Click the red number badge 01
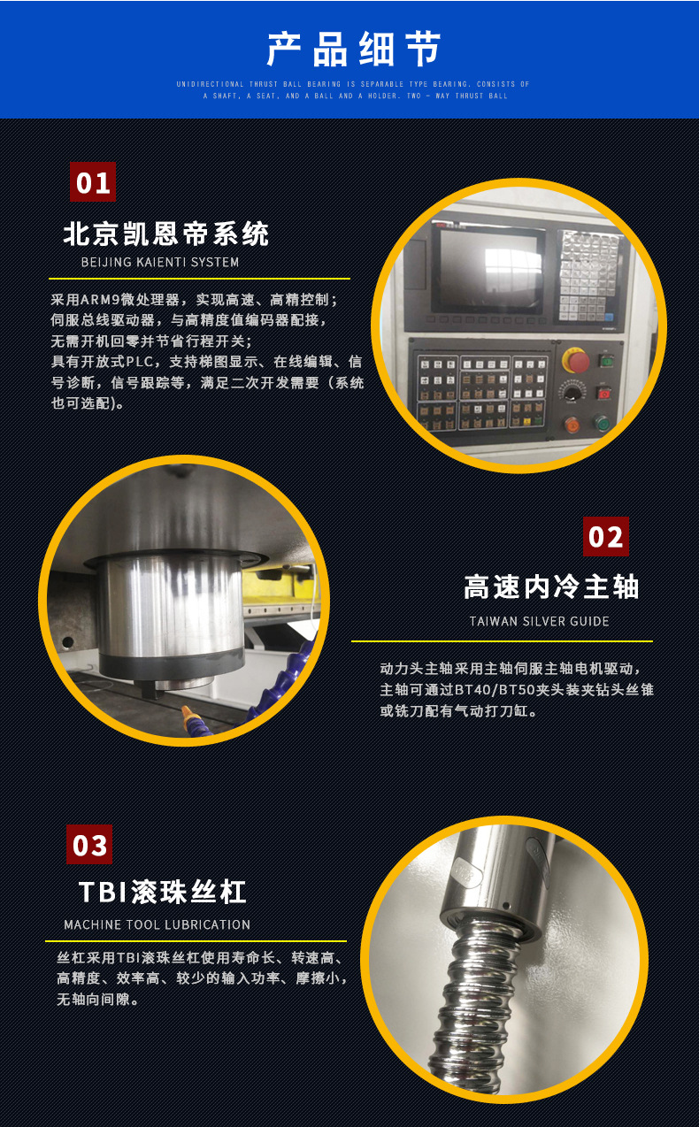point(93,182)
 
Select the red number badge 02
point(606,537)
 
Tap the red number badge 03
point(89,845)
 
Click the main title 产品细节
point(353,50)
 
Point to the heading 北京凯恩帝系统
point(166,234)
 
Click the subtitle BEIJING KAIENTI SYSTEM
point(160,262)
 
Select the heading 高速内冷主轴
point(551,586)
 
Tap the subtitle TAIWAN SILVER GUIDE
point(539,621)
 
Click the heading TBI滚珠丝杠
point(162,892)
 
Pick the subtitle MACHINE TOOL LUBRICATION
point(157,924)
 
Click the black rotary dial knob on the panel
point(573,392)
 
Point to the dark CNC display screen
point(488,271)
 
